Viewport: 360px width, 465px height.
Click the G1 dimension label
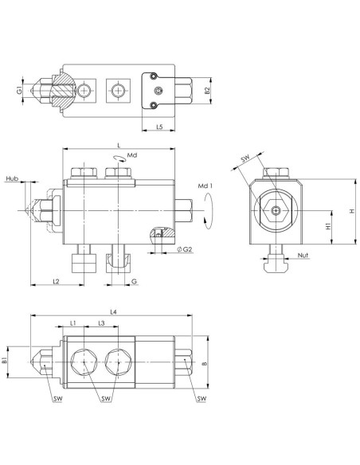click(x=19, y=90)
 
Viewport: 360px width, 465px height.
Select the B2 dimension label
click(x=207, y=91)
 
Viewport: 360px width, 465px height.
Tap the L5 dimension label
click(x=159, y=127)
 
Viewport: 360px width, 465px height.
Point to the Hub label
click(x=12, y=178)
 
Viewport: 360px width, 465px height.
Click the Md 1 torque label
click(x=205, y=186)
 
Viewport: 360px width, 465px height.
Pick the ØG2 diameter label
click(x=185, y=249)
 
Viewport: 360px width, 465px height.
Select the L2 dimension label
click(x=56, y=281)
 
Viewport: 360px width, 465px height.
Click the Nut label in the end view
click(x=303, y=255)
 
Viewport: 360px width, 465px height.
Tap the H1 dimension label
click(x=328, y=227)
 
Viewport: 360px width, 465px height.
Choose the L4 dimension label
click(x=114, y=312)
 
